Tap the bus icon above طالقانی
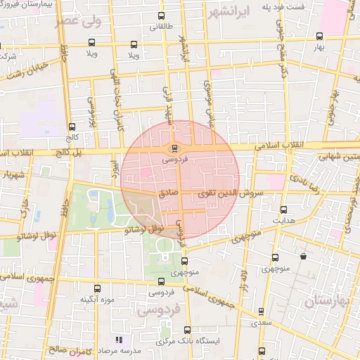coord(162,15)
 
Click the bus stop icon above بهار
coord(320,36)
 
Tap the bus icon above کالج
coord(70,117)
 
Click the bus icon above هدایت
coord(283,210)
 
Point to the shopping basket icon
coord(303,257)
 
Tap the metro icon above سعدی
coord(261,311)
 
